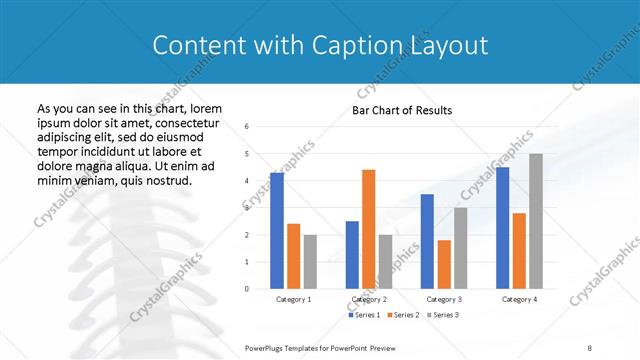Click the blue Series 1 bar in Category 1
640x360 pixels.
click(x=277, y=231)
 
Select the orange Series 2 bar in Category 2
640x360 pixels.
click(x=368, y=229)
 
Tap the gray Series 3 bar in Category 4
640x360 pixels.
click(x=536, y=221)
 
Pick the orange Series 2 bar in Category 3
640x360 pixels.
click(x=443, y=264)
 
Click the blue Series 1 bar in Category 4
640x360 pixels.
click(x=502, y=228)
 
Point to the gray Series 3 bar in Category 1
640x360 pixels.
click(x=310, y=262)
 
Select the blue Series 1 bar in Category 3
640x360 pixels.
click(x=427, y=241)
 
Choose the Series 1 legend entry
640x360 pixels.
click(x=364, y=315)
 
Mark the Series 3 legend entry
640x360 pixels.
click(x=443, y=315)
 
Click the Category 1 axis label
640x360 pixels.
click(x=293, y=299)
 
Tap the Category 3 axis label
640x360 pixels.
click(x=443, y=299)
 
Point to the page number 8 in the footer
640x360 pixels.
click(x=589, y=346)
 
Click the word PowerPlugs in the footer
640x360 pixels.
click(x=268, y=346)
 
